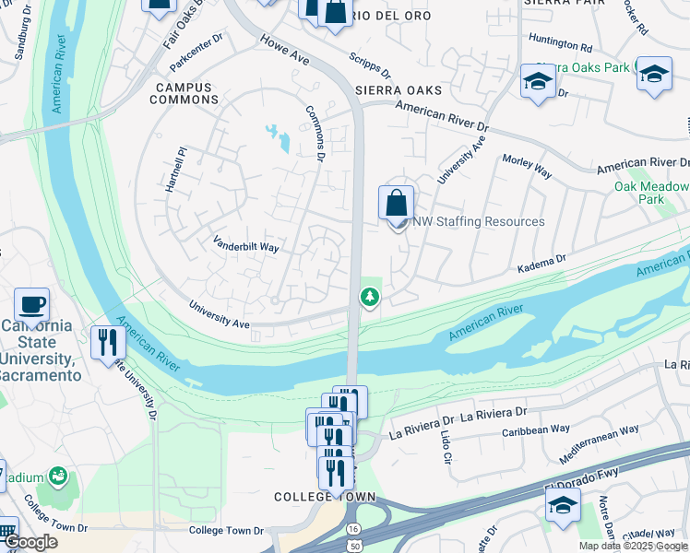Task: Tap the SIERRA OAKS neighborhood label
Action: click(398, 90)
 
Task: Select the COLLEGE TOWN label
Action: click(325, 497)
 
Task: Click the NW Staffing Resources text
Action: click(478, 221)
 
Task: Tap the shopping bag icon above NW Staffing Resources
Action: click(396, 203)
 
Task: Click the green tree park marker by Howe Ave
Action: click(369, 297)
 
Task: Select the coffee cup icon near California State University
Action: click(31, 305)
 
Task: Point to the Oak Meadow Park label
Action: click(639, 193)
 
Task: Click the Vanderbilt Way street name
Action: click(245, 246)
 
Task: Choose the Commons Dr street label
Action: click(316, 134)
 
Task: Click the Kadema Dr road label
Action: click(541, 262)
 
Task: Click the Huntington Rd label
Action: click(561, 44)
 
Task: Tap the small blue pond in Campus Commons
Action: click(278, 137)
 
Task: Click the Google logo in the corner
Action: click(30, 543)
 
